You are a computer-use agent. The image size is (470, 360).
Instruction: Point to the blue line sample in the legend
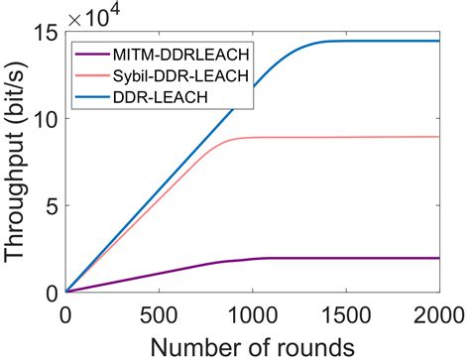coord(92,94)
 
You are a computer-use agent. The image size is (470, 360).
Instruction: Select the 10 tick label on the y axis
coord(44,118)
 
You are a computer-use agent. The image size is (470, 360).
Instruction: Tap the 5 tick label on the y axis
coord(51,205)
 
